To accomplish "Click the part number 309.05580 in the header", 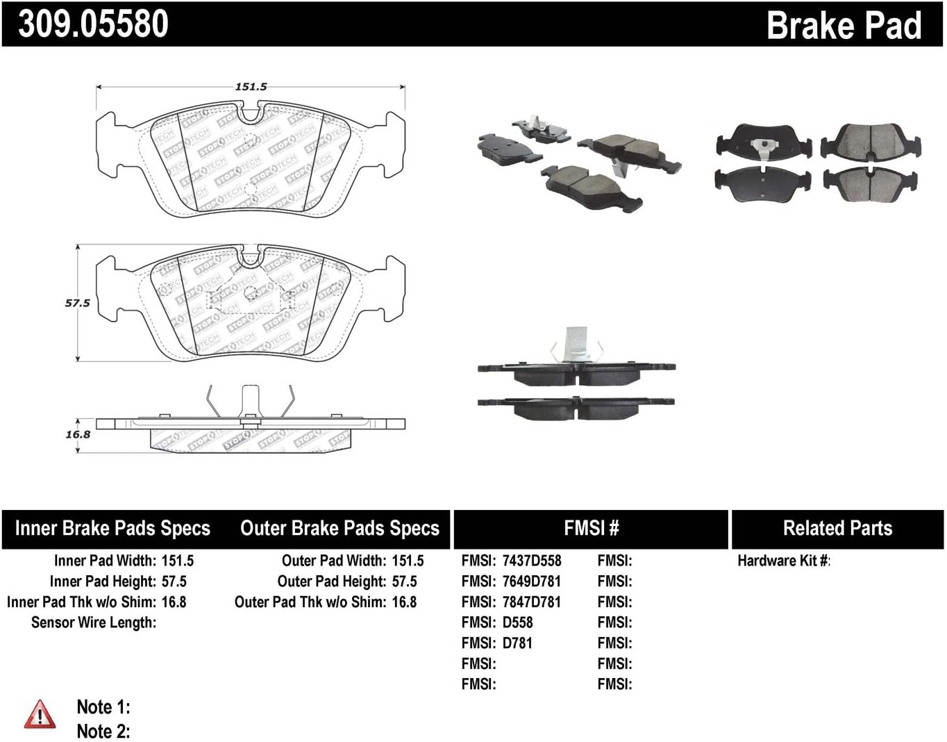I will tap(93, 24).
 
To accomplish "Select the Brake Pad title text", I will tap(844, 26).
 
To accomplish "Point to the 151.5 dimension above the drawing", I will tap(251, 87).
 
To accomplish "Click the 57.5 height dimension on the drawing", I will tap(78, 303).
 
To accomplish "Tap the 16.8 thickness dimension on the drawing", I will tap(78, 434).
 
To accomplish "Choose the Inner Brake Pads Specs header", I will tap(112, 529).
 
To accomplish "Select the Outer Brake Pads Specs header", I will tap(340, 529).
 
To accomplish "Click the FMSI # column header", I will tap(591, 529).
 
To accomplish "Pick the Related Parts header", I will tap(837, 529).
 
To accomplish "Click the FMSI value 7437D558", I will tap(532, 561).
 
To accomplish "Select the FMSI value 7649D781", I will tap(532, 582).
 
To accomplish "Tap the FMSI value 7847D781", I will tap(532, 602).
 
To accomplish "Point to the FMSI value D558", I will tap(518, 623).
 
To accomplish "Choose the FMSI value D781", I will tap(518, 643).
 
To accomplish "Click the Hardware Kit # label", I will tap(783, 561).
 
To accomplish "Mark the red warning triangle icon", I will tap(40, 715).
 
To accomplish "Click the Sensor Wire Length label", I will tap(94, 623).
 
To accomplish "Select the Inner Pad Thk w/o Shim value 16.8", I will tap(174, 602).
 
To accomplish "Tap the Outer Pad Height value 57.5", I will tap(404, 582).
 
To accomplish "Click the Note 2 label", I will tap(103, 732).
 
